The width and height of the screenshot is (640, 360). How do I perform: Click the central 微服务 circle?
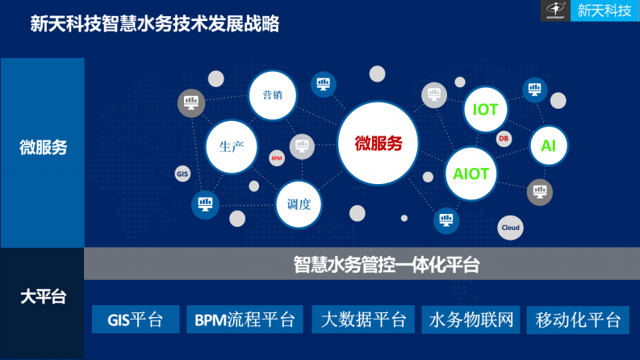pyautogui.click(x=378, y=144)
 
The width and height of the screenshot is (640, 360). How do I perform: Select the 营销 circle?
pyautogui.click(x=272, y=94)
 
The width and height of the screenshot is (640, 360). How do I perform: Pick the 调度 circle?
pyautogui.click(x=299, y=203)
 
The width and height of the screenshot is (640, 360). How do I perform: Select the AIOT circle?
pyautogui.click(x=471, y=173)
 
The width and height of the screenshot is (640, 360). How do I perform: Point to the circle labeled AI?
pyautogui.click(x=549, y=146)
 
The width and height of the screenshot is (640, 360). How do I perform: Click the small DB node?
pyautogui.click(x=504, y=139)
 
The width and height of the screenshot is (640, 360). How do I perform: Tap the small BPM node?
pyautogui.click(x=276, y=158)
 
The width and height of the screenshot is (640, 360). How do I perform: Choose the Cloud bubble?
pyautogui.click(x=510, y=228)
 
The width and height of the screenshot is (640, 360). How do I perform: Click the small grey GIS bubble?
pyautogui.click(x=182, y=173)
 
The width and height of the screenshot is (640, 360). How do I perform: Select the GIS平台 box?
pyautogui.click(x=135, y=320)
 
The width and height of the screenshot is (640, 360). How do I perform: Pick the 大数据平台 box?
pyautogui.click(x=363, y=320)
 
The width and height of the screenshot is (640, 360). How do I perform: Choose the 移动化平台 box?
pyautogui.click(x=578, y=320)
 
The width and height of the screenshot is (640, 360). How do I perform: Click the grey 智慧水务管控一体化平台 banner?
pyautogui.click(x=362, y=264)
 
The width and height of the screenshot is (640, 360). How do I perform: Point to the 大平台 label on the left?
pyautogui.click(x=42, y=296)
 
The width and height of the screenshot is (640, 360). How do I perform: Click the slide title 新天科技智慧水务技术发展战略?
pyautogui.click(x=154, y=24)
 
